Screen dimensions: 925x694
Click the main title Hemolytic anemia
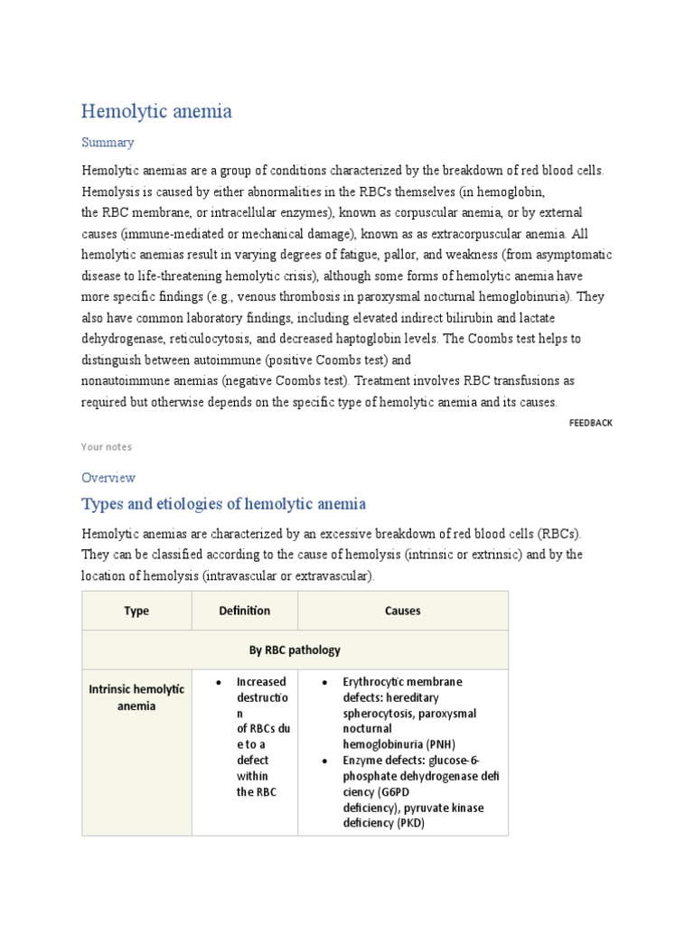[x=156, y=111]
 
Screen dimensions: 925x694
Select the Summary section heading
[x=108, y=142]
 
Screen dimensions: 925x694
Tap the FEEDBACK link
[x=590, y=423]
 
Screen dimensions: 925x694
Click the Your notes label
[x=106, y=446]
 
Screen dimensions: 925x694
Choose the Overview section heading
[x=108, y=477]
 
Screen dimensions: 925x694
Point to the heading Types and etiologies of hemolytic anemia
[x=223, y=503]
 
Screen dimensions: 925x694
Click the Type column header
[x=136, y=611]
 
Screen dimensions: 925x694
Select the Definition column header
[x=244, y=611]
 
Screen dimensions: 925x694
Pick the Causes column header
[x=402, y=611]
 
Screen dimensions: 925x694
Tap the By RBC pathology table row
[x=295, y=649]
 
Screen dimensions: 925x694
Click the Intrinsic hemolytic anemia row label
[x=136, y=696]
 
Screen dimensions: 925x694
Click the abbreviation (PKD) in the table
[x=409, y=823]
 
